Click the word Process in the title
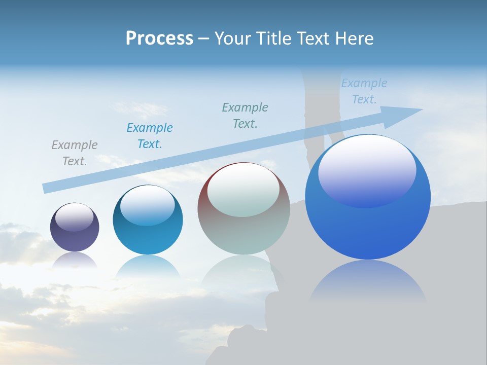[159, 39]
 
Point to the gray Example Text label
[75, 153]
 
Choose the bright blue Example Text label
[150, 135]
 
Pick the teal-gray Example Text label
[245, 115]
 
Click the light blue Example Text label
[364, 91]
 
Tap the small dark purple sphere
[75, 236]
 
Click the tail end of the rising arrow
[46, 189]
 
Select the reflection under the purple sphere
[75, 260]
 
